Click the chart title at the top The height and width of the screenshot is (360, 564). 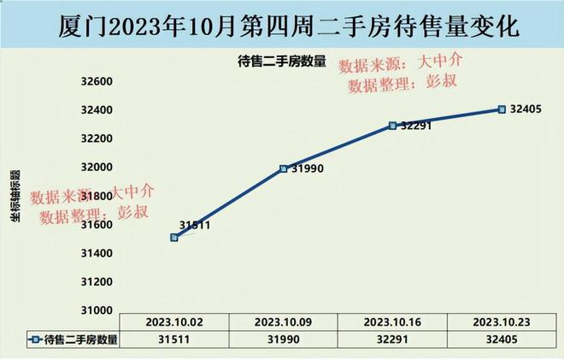coord(281,25)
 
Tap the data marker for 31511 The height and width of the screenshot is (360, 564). coord(174,237)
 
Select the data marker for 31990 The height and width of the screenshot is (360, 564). coord(284,168)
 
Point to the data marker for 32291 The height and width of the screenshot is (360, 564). coord(392,125)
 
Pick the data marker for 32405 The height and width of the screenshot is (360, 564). coord(502,109)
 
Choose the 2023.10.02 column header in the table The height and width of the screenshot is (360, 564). coord(174,323)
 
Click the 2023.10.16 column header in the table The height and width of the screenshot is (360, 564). coord(392,323)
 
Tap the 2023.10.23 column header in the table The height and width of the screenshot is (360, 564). coord(502,323)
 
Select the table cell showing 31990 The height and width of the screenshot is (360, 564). coord(284,339)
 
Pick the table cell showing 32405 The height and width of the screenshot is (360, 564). coord(502,339)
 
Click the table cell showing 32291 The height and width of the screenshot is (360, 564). coord(392,339)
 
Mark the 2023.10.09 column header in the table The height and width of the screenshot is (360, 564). coord(284,323)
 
